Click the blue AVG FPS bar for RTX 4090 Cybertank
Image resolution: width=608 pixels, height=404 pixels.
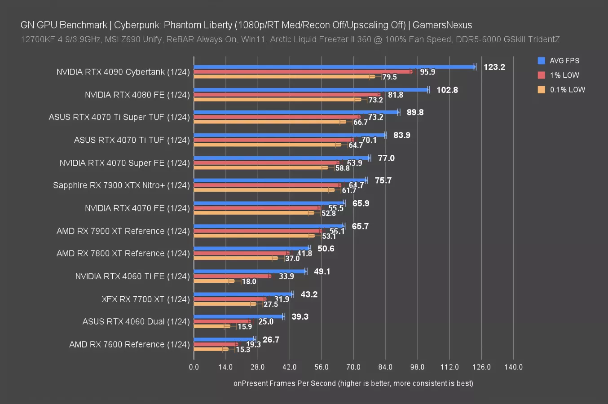[x=335, y=67]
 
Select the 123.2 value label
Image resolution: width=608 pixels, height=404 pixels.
[x=494, y=67]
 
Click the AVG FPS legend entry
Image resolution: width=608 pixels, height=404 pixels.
[x=564, y=61]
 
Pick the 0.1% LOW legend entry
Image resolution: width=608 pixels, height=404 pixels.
[x=567, y=90]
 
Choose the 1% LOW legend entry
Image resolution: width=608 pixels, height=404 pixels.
[x=564, y=75]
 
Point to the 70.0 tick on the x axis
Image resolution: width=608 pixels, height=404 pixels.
[x=353, y=367]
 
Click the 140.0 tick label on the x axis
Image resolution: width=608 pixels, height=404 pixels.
[x=513, y=367]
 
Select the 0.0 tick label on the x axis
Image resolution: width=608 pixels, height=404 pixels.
[x=194, y=367]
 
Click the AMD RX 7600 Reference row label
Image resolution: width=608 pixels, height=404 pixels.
[x=129, y=345]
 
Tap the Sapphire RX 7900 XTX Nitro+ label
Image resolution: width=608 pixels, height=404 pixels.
[x=121, y=185]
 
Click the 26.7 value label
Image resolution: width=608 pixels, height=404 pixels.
[x=271, y=340]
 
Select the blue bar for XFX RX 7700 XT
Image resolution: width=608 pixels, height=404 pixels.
[x=243, y=294]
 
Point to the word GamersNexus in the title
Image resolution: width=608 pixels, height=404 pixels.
[x=442, y=25]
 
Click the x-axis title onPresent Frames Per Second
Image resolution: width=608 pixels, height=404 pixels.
[x=353, y=383]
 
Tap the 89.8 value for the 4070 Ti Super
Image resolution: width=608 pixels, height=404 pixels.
[x=415, y=113]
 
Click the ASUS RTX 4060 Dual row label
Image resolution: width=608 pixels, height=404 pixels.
[x=136, y=322]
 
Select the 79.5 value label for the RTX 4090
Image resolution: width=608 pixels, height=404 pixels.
[x=389, y=77]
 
